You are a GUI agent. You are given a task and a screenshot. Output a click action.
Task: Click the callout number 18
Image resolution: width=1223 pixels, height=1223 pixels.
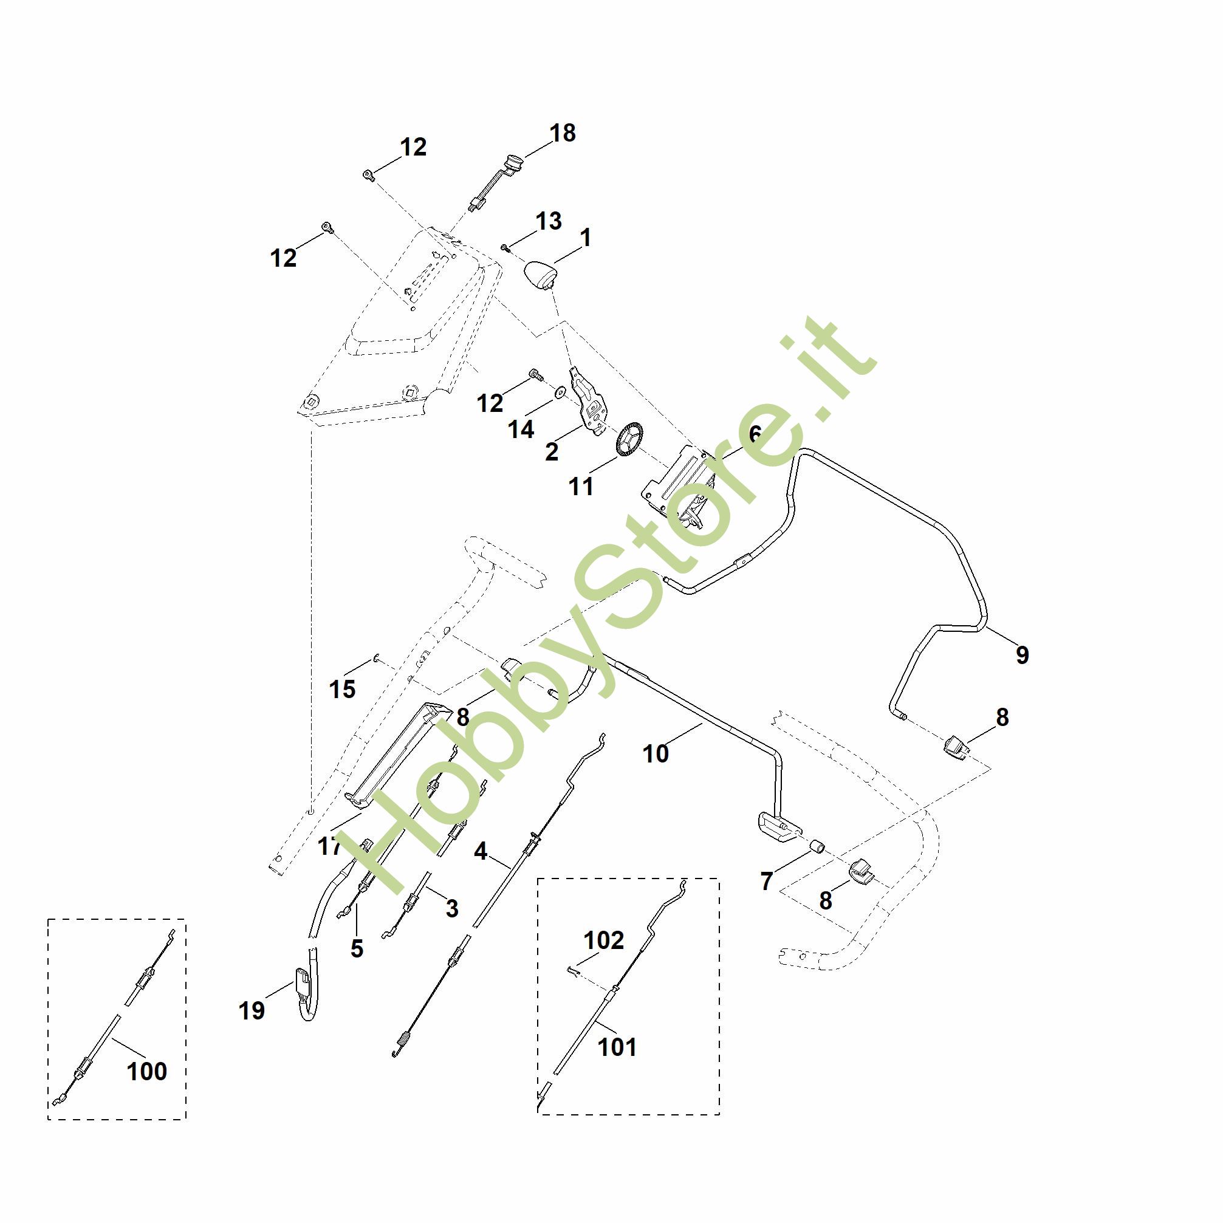coord(562,134)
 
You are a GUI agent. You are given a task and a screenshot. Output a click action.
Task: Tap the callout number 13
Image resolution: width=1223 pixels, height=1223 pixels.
coord(548,222)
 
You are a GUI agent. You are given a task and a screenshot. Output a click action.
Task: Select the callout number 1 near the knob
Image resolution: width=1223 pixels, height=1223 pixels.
coord(586,238)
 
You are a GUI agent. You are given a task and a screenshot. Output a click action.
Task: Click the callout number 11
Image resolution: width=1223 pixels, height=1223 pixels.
coord(581,486)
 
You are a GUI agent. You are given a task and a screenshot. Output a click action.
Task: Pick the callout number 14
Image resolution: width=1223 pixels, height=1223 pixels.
coord(521,429)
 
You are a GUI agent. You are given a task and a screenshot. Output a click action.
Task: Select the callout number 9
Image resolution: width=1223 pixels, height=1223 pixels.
coord(1023,654)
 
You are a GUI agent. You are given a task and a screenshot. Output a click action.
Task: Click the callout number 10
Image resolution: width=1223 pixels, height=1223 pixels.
coord(655,754)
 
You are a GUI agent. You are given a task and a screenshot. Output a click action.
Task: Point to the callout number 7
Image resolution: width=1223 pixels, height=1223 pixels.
coord(767,881)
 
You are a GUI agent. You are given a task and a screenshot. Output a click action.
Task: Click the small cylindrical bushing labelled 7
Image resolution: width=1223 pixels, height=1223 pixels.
coord(817,846)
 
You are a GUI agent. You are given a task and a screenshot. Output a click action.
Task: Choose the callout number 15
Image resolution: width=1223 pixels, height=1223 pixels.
coord(342,689)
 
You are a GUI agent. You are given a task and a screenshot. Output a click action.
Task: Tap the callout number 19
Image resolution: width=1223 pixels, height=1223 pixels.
coord(252,1010)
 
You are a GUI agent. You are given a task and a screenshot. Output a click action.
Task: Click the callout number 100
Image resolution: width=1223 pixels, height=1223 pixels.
coord(147,1071)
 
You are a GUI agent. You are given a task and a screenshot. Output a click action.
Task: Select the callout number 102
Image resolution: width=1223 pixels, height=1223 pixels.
coord(604,940)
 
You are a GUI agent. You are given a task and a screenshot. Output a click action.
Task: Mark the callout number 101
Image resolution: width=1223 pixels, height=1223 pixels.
coord(617,1047)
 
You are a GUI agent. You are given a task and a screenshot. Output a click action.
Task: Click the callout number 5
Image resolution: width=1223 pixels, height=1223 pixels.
coord(357,948)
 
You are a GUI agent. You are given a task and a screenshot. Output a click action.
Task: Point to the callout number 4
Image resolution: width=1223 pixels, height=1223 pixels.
coord(481,851)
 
